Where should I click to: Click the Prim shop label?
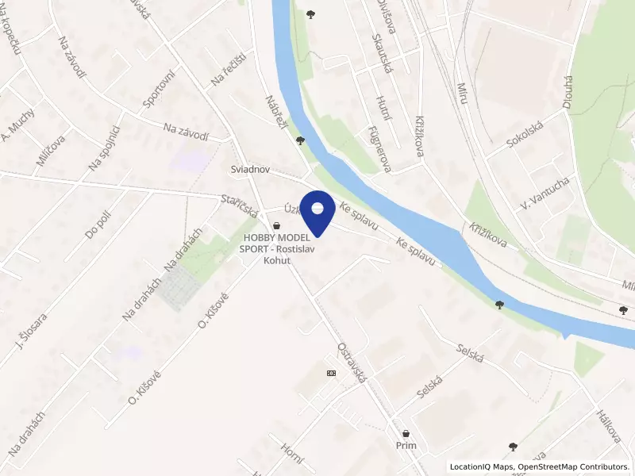(406, 446)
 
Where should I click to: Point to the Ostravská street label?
(351, 364)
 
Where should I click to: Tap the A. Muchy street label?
(17, 124)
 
